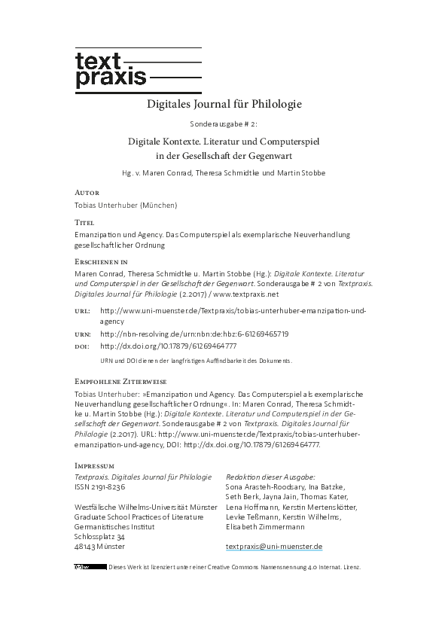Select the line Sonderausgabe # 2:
click(x=224, y=123)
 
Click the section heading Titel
click(x=86, y=223)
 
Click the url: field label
click(x=82, y=310)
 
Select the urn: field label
click(x=83, y=334)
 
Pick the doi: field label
click(x=82, y=346)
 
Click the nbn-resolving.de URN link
click(x=194, y=334)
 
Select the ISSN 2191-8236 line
click(x=100, y=487)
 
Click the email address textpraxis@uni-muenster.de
click(x=274, y=546)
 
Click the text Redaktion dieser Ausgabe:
click(x=270, y=477)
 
